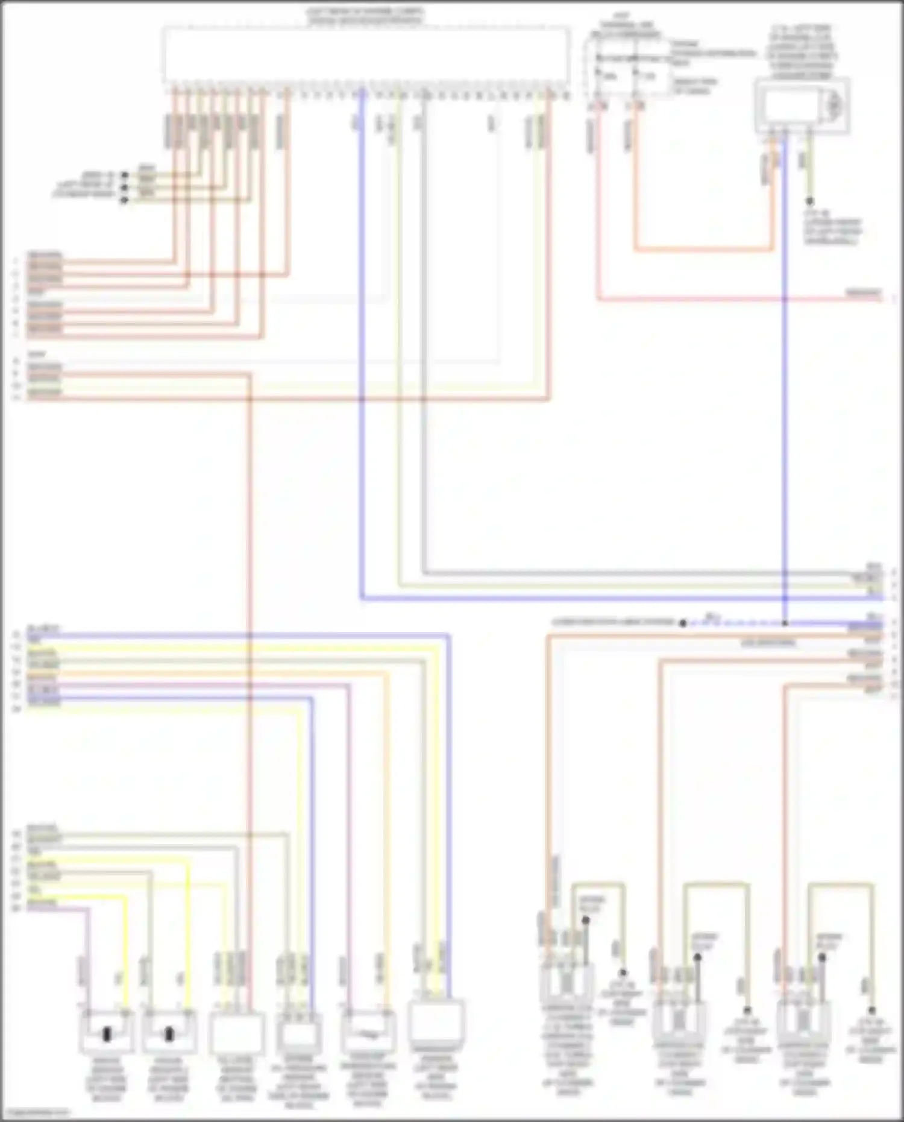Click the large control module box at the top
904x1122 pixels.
click(x=366, y=55)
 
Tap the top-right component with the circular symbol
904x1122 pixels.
click(x=802, y=106)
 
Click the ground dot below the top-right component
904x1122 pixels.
click(x=809, y=201)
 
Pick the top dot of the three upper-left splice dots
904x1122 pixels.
click(x=125, y=175)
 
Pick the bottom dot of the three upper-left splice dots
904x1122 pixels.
click(x=125, y=200)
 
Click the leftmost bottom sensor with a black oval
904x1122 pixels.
click(x=107, y=1032)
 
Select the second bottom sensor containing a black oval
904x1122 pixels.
click(x=169, y=1032)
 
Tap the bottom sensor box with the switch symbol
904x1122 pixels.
click(x=368, y=1032)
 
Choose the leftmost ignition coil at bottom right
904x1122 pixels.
click(x=567, y=989)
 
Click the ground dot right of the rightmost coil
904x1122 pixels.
click(x=871, y=1010)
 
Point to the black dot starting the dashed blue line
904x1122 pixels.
click(x=682, y=623)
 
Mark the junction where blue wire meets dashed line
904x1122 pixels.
click(x=785, y=623)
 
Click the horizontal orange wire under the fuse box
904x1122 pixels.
click(x=702, y=249)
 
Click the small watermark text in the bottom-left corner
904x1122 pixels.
click(x=35, y=1112)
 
